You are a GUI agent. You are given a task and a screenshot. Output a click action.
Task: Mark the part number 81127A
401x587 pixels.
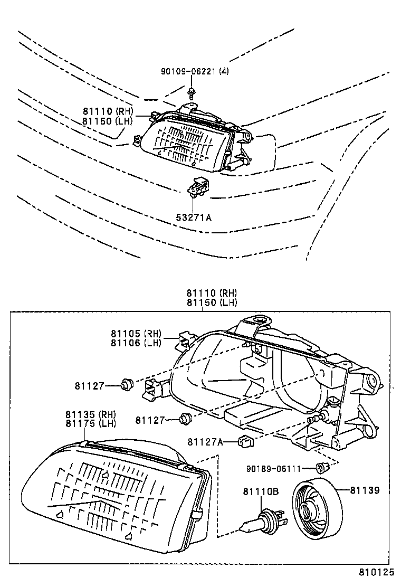[x=205, y=441]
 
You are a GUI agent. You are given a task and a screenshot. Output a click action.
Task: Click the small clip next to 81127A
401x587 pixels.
[x=246, y=441]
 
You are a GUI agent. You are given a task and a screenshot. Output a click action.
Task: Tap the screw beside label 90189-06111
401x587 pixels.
[x=321, y=467]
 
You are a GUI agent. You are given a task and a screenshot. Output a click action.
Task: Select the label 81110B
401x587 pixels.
[x=260, y=491]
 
